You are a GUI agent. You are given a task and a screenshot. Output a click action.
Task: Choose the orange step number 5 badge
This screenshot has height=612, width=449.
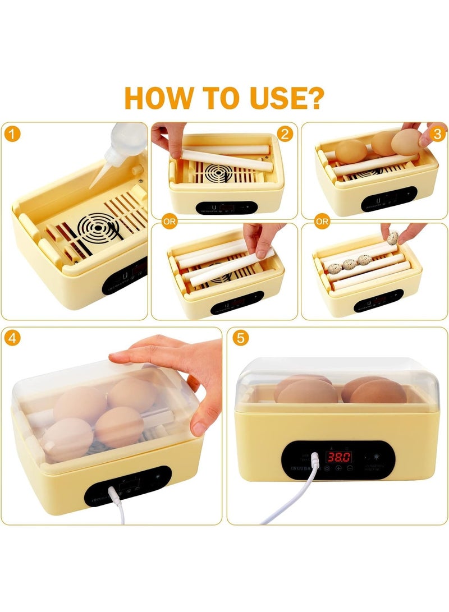[x=241, y=338]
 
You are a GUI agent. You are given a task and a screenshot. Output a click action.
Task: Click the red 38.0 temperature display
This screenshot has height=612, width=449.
[x=339, y=456]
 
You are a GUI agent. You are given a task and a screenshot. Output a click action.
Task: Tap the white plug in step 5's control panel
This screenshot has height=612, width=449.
[x=314, y=461]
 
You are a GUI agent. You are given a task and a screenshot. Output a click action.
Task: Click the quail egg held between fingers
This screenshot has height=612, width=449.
[x=393, y=238]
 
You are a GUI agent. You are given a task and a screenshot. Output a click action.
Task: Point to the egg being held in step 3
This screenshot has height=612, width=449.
[x=406, y=144]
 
